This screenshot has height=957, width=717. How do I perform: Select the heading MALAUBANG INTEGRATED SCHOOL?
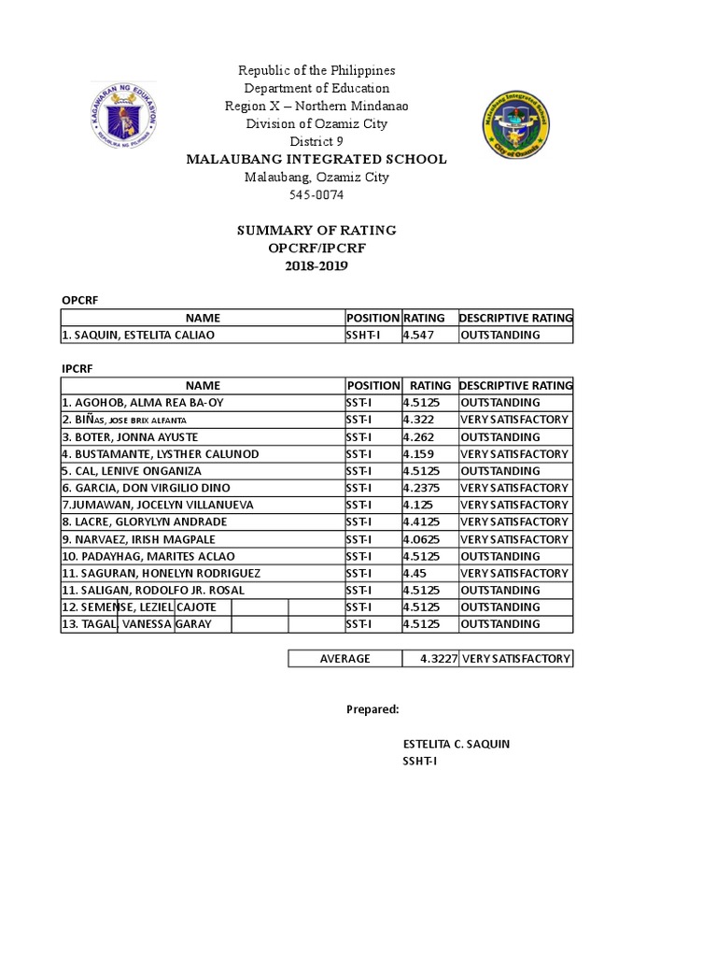tap(316, 160)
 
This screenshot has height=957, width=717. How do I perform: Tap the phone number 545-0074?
tap(316, 195)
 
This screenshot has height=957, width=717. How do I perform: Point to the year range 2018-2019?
tap(316, 265)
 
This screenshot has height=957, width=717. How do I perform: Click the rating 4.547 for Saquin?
tap(418, 335)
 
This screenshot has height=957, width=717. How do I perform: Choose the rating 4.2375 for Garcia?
tap(424, 488)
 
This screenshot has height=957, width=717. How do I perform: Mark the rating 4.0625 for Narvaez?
tap(424, 539)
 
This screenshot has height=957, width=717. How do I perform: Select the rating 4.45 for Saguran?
tap(415, 573)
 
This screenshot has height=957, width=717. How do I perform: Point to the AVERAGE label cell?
tap(345, 659)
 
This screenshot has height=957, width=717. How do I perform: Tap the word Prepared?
tap(373, 709)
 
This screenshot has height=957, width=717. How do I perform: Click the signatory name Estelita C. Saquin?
tap(456, 744)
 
